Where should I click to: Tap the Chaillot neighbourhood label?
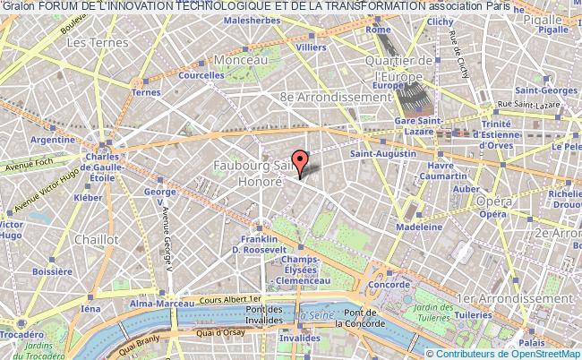click(98, 239)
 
